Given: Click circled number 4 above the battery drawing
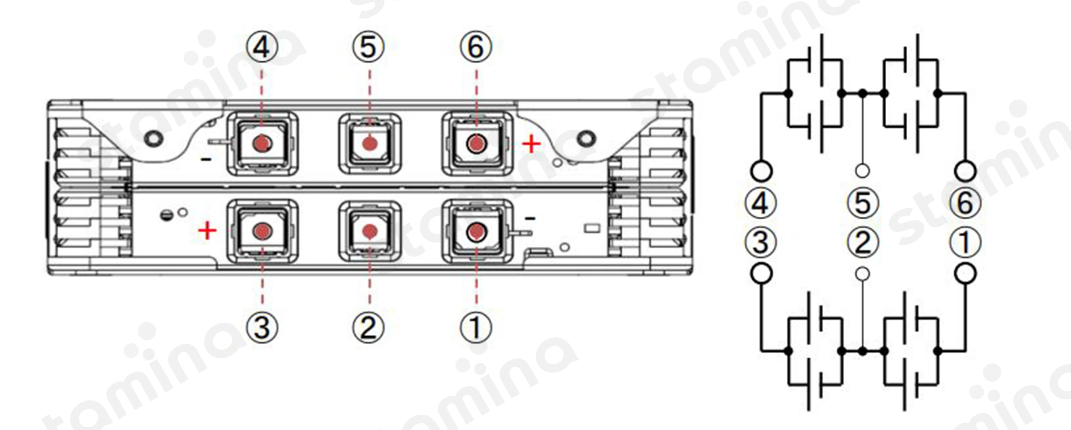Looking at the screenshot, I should click(x=262, y=47).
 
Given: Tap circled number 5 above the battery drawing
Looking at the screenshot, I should click(x=368, y=47).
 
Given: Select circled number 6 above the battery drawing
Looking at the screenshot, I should click(x=476, y=47).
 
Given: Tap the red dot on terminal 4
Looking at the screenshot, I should click(x=262, y=144).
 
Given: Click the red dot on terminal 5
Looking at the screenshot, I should click(x=369, y=144).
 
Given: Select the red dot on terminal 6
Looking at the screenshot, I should click(x=476, y=144).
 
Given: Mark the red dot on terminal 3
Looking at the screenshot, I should click(x=262, y=231).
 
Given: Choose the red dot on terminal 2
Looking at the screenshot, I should click(x=369, y=231).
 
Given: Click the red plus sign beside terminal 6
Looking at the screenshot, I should click(x=531, y=144).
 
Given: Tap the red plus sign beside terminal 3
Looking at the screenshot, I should click(x=207, y=231).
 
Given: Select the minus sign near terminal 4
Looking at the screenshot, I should click(x=206, y=160).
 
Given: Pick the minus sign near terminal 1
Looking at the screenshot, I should click(x=530, y=218).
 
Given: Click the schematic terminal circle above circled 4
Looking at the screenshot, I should click(x=761, y=171).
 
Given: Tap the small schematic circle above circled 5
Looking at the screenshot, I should click(x=862, y=171).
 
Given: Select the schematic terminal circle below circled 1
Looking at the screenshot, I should click(x=965, y=274).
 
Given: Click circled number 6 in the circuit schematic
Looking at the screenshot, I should click(x=965, y=203).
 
